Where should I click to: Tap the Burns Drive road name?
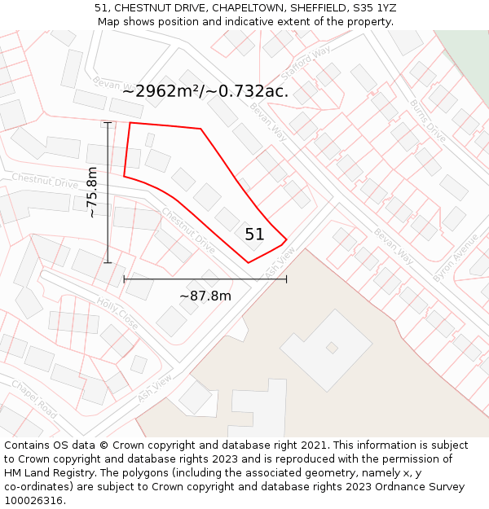pyautogui.click(x=428, y=121)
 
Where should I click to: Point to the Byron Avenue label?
pyautogui.click(x=456, y=258)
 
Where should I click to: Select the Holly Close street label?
pyautogui.click(x=117, y=312)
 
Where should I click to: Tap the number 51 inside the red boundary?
pyautogui.click(x=254, y=235)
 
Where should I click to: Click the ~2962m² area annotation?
pyautogui.click(x=205, y=91)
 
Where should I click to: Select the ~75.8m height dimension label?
pyautogui.click(x=92, y=192)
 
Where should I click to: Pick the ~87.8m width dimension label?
pyautogui.click(x=205, y=296)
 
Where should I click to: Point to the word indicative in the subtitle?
pyautogui.click(x=250, y=22)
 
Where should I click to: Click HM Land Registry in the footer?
pyautogui.click(x=43, y=473)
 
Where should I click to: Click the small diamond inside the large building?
pyautogui.click(x=332, y=348)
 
